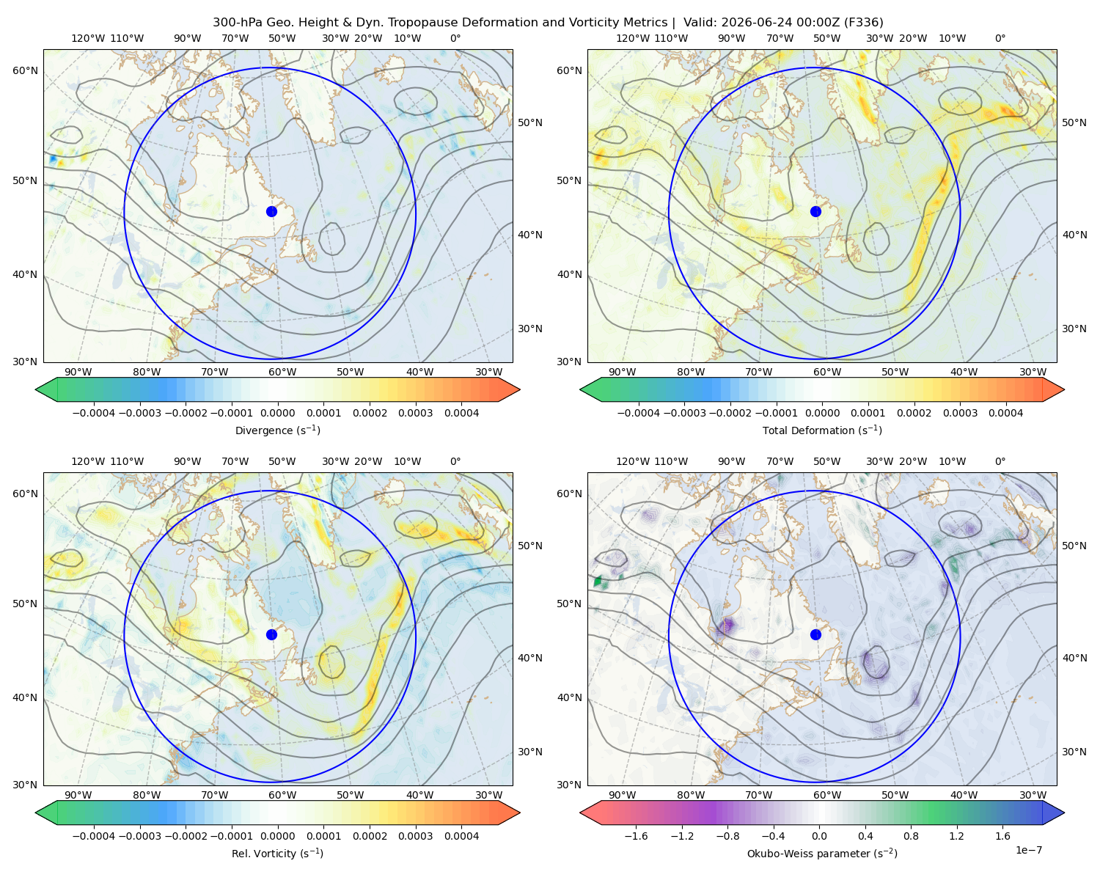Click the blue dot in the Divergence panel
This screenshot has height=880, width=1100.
(x=271, y=212)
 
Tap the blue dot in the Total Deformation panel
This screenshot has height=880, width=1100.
(x=815, y=212)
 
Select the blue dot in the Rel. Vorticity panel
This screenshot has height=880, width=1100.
(x=271, y=634)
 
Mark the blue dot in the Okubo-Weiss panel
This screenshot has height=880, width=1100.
(x=815, y=634)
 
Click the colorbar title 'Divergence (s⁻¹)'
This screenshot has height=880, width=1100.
(x=277, y=430)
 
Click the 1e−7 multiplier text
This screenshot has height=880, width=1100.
(x=1028, y=850)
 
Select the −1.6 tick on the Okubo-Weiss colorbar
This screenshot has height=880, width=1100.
(x=636, y=836)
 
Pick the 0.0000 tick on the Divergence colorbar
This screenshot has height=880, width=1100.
(x=277, y=413)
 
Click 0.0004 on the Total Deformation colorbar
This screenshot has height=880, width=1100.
(x=1006, y=413)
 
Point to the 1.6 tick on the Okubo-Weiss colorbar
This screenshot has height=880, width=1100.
(x=1003, y=836)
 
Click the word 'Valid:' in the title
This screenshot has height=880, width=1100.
(x=700, y=23)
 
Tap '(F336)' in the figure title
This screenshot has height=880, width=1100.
(x=863, y=23)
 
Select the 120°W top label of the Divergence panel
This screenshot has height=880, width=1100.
(x=88, y=38)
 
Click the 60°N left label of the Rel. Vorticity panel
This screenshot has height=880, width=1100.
(x=25, y=494)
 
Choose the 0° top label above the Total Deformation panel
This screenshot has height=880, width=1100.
(x=1000, y=38)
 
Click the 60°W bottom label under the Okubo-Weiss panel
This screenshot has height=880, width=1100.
(x=827, y=795)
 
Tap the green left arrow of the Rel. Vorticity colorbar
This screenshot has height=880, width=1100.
(x=46, y=813)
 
